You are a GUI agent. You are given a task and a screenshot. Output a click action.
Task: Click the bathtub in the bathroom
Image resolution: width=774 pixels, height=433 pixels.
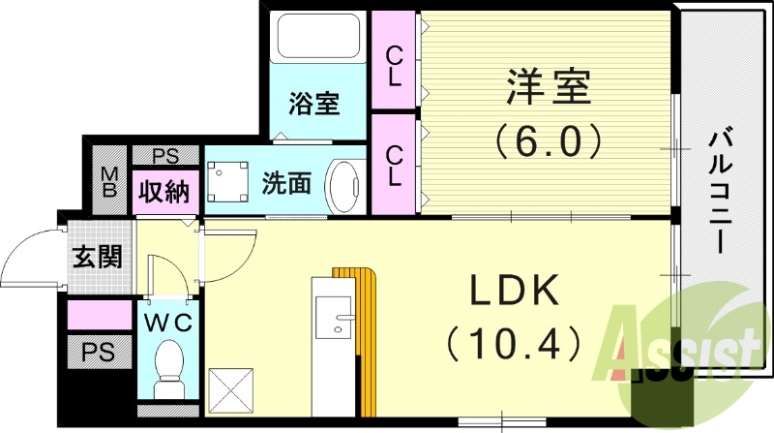pyautogui.click(x=319, y=39)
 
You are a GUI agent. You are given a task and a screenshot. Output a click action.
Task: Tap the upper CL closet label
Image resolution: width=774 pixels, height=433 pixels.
pyautogui.click(x=395, y=66)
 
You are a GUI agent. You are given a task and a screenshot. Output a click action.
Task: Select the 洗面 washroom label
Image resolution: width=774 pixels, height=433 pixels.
pyautogui.click(x=286, y=182)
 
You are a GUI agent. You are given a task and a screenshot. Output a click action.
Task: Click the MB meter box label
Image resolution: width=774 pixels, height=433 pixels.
pyautogui.click(x=110, y=181)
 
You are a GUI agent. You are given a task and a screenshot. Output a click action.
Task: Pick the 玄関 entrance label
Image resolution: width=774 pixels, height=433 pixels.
pyautogui.click(x=97, y=259)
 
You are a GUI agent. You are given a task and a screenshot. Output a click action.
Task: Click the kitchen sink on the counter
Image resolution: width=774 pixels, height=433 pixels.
pyautogui.click(x=335, y=320)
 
